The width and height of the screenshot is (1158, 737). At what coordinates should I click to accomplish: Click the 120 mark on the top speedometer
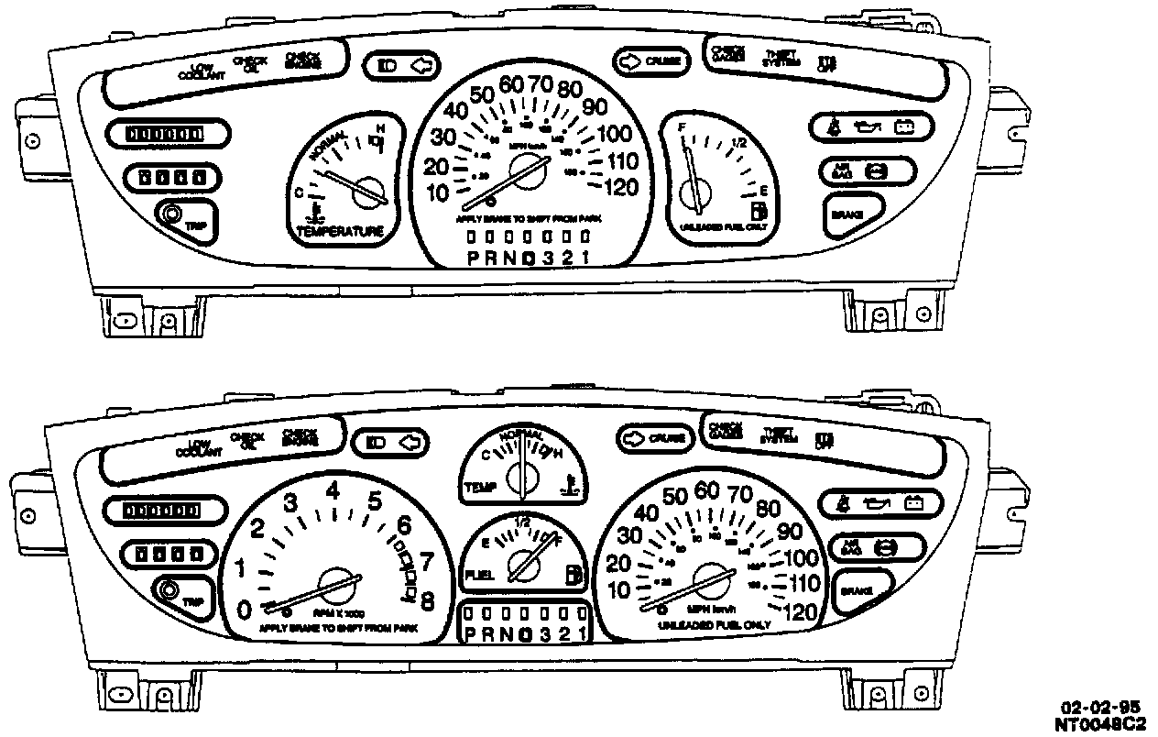tap(623, 188)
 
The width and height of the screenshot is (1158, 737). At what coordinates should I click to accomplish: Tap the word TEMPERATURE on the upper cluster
tap(339, 232)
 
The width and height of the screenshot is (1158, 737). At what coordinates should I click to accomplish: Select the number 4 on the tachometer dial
tap(333, 491)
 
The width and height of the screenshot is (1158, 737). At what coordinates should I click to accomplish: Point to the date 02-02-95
tap(1100, 708)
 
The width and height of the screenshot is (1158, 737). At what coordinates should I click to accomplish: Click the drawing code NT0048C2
tap(1100, 723)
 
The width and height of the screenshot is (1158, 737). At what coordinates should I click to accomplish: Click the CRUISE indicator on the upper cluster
tap(651, 61)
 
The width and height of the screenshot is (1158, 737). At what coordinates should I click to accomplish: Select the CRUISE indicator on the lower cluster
tap(656, 438)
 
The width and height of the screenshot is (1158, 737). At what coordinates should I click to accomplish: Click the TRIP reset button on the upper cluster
tap(170, 215)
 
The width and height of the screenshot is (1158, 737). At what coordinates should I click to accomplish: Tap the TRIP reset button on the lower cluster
tap(169, 591)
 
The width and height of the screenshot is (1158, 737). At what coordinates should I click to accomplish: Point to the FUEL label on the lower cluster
tap(481, 575)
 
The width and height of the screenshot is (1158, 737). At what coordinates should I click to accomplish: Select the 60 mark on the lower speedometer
tap(706, 492)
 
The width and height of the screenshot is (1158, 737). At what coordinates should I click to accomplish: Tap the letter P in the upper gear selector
tap(473, 258)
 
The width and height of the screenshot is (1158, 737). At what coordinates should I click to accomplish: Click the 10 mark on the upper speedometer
tap(438, 192)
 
